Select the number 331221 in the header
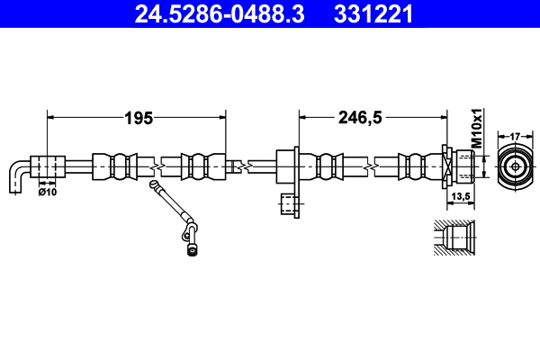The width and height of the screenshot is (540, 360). [373, 13]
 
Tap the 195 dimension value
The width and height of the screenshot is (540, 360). [137, 117]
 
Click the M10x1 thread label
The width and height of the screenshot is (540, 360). [478, 129]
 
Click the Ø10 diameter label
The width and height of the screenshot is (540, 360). [49, 191]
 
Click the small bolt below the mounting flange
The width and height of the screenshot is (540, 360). [289, 206]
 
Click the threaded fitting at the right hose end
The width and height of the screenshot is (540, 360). [460, 166]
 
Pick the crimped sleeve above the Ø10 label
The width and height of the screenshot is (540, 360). [49, 167]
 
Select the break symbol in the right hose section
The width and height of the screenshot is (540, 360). [367, 167]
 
